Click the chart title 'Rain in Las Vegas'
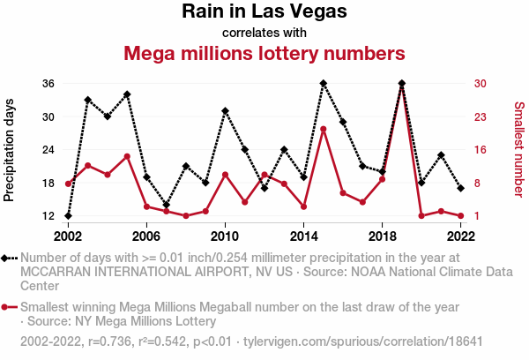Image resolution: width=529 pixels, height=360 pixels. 264,11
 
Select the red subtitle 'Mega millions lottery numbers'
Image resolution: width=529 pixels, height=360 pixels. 264,53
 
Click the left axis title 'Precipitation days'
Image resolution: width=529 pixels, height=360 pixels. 10,150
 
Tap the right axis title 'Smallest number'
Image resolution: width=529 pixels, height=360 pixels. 519,150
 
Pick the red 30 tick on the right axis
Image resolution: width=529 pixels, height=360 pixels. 481,84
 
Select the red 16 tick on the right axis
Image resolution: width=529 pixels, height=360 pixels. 481,150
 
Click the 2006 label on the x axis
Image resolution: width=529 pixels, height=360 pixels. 146,236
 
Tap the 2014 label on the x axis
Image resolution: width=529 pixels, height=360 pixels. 304,236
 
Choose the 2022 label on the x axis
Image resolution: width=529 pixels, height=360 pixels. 461,236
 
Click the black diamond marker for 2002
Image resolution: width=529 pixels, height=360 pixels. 68,216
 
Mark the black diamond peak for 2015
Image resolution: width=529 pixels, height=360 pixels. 324,84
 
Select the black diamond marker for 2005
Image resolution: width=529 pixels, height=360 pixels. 127,94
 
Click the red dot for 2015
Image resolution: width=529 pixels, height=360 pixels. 324,130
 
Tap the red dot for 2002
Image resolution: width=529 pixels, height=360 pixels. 68,184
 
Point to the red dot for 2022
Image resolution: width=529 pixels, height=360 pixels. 461,215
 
